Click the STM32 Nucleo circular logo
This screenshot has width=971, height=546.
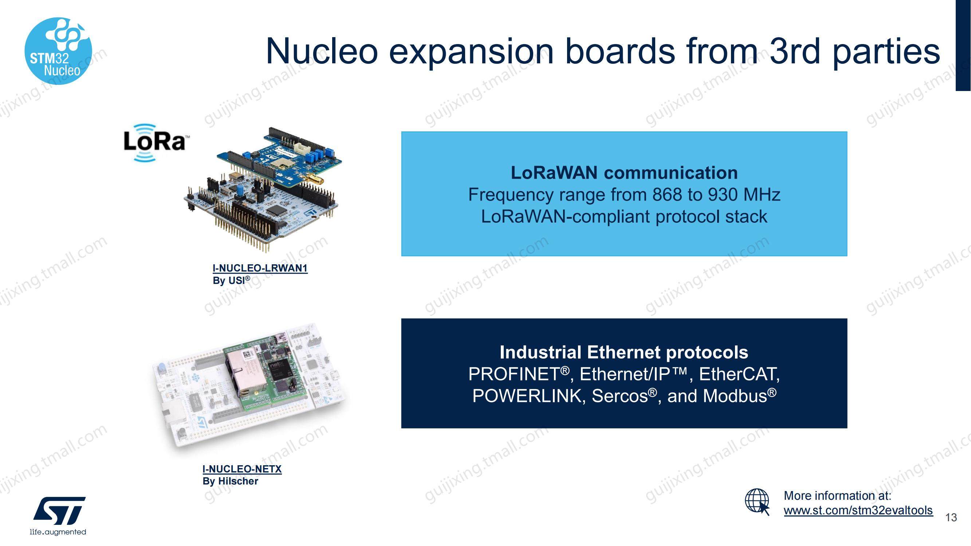58,51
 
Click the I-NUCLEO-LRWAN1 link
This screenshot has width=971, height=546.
260,268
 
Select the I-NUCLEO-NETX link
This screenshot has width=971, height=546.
242,469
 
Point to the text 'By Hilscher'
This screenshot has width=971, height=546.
230,481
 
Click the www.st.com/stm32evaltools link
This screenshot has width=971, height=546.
858,510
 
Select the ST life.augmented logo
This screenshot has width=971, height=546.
58,515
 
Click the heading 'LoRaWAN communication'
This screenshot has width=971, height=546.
624,173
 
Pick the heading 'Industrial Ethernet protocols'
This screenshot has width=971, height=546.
624,352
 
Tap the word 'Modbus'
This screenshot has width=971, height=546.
735,396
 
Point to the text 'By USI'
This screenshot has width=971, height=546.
231,280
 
